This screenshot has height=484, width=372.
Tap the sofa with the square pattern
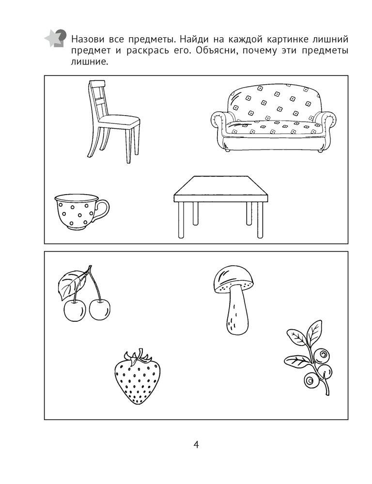point(273,119)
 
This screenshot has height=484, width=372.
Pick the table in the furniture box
point(220,207)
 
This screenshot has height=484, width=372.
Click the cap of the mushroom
point(233,280)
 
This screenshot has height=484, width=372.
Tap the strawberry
point(137,377)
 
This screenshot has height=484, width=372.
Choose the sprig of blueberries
point(309,358)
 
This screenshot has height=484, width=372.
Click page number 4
point(196,445)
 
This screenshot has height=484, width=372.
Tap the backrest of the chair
point(96,99)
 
